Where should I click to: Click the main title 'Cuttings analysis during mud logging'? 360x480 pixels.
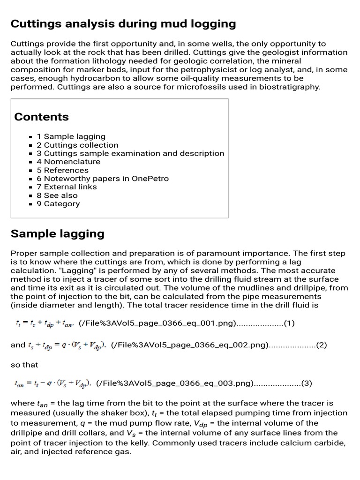123,23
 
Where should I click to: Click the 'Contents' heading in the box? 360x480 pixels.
41,117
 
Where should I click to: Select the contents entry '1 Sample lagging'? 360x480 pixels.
71,136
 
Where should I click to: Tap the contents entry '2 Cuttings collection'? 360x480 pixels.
77,145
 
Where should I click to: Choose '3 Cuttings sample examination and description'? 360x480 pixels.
130,153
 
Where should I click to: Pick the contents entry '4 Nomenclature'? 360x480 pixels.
68,162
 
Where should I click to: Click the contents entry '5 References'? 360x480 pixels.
62,170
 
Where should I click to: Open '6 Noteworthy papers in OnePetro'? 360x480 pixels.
103,179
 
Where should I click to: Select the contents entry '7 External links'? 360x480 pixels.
67,187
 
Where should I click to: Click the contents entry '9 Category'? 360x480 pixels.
58,203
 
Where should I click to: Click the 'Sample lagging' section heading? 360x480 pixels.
57,233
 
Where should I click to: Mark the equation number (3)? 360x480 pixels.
307,383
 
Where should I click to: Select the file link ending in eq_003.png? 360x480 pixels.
174,383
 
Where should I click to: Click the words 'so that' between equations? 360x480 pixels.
24,364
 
